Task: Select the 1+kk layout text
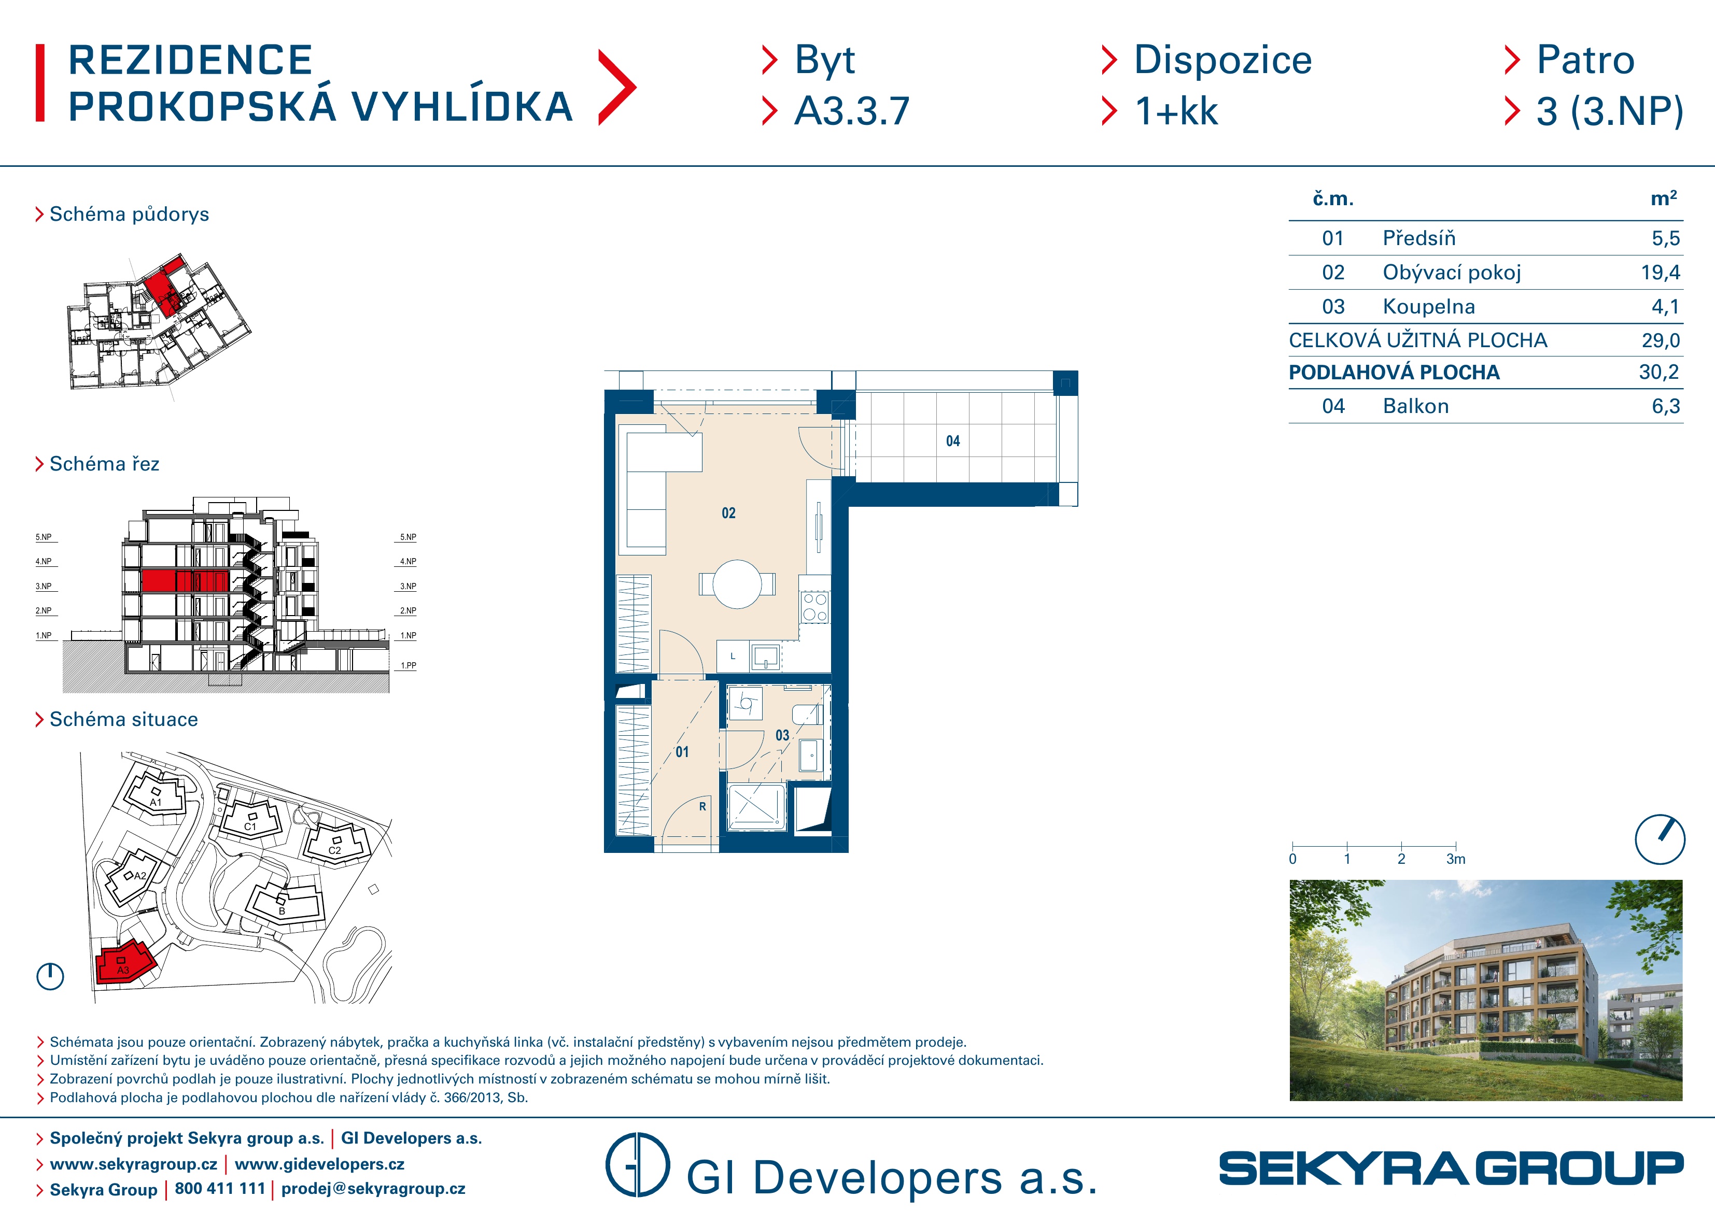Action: pos(1176,111)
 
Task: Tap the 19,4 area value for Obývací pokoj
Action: pos(1660,273)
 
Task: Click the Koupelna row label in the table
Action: pos(1428,306)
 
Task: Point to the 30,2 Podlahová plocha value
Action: pos(1659,372)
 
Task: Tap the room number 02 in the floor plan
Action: pos(728,513)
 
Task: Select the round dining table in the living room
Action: pos(737,584)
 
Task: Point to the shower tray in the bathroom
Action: pos(756,807)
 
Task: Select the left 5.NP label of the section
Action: pos(44,537)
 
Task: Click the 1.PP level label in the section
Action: pos(408,665)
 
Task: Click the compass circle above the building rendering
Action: pos(1660,839)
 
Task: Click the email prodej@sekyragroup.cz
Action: pos(373,1189)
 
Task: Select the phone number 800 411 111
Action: pos(220,1189)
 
